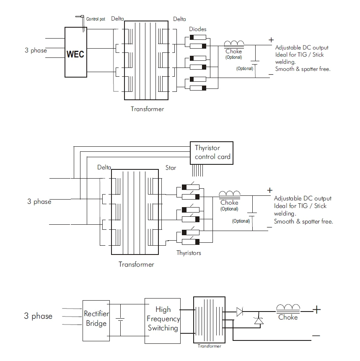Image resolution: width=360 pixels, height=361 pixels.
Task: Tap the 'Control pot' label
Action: click(96, 19)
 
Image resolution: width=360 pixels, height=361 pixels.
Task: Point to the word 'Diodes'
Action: click(197, 29)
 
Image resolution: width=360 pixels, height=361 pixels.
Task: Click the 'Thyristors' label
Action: click(189, 253)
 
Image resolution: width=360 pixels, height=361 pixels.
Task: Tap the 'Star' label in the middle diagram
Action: click(171, 168)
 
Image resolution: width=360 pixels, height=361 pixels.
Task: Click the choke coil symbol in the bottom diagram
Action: click(288, 308)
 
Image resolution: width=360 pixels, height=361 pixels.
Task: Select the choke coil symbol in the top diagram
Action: click(234, 44)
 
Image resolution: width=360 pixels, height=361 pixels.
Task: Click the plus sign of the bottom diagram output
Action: click(316, 310)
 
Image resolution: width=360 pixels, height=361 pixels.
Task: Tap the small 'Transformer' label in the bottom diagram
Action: click(209, 346)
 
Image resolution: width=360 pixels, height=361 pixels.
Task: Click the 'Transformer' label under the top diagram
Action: click(147, 109)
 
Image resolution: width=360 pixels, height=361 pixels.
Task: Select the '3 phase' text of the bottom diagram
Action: click(38, 316)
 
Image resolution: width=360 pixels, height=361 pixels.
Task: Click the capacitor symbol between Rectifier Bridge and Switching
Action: click(120, 320)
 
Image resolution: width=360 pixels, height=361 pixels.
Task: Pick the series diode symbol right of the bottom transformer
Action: click(240, 312)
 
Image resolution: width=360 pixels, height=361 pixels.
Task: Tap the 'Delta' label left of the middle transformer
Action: click(104, 167)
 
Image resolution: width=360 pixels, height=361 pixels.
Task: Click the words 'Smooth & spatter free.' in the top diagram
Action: click(303, 69)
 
